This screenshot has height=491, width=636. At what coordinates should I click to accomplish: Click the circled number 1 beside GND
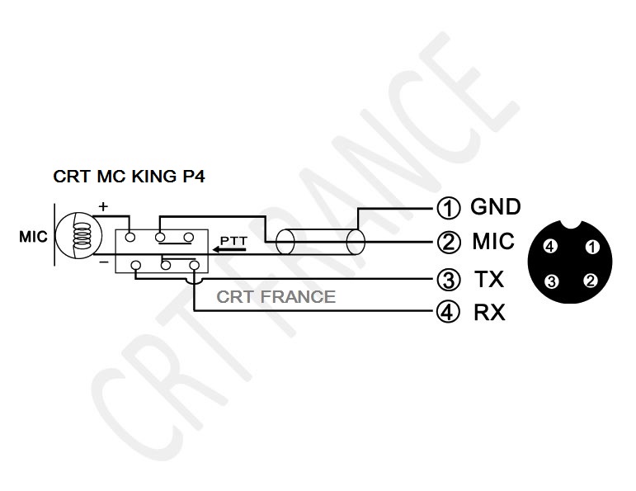[449, 208]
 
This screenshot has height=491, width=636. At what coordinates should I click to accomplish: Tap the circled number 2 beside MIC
[449, 243]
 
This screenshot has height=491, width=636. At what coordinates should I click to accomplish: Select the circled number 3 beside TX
[449, 280]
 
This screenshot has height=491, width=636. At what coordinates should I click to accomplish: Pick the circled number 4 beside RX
[448, 312]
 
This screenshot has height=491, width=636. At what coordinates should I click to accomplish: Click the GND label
[496, 207]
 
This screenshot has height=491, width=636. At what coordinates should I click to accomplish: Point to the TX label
[489, 279]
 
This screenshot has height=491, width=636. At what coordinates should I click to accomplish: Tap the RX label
[489, 312]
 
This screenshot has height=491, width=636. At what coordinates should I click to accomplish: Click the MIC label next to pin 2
[493, 242]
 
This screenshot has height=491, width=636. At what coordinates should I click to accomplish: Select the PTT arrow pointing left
[229, 249]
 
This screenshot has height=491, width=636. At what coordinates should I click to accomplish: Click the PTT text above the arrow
[233, 241]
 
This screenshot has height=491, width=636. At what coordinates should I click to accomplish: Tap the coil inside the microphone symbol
[82, 237]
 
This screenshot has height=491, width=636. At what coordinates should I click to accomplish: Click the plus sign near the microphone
[103, 206]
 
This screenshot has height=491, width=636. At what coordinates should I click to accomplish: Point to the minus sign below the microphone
[104, 262]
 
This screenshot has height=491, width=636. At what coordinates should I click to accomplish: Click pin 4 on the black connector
[550, 246]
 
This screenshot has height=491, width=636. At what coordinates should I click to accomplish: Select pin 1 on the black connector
[592, 247]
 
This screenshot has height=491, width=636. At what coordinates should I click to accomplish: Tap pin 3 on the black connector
[551, 281]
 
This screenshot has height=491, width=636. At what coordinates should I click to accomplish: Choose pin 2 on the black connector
[590, 281]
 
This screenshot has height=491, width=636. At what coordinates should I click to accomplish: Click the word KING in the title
[153, 177]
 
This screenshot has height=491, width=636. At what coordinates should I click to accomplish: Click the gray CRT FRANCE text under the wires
[276, 296]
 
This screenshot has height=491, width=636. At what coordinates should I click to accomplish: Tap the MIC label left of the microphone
[33, 237]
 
